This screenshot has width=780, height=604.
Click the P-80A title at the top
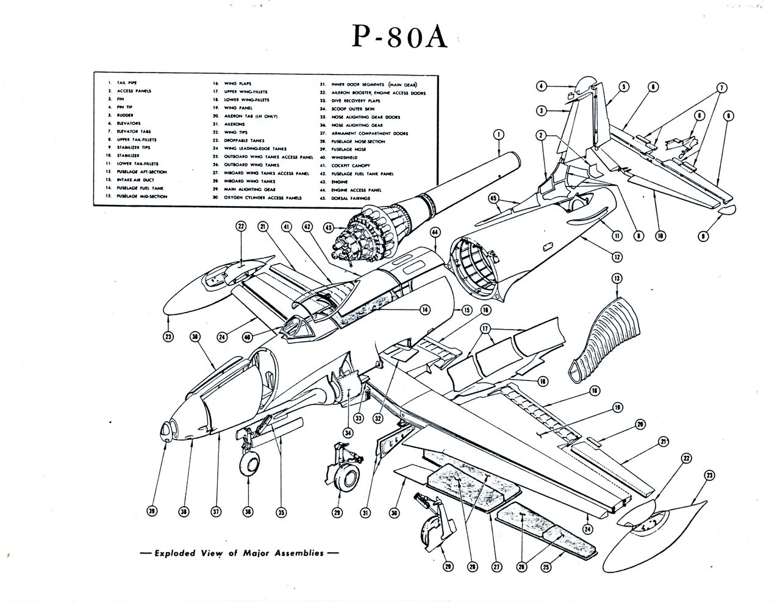point(401,37)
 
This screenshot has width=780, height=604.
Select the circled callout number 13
point(617,279)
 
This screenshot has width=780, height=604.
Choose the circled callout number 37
point(215,512)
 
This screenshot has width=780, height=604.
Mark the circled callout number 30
point(394,513)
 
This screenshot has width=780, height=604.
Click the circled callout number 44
point(435,232)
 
